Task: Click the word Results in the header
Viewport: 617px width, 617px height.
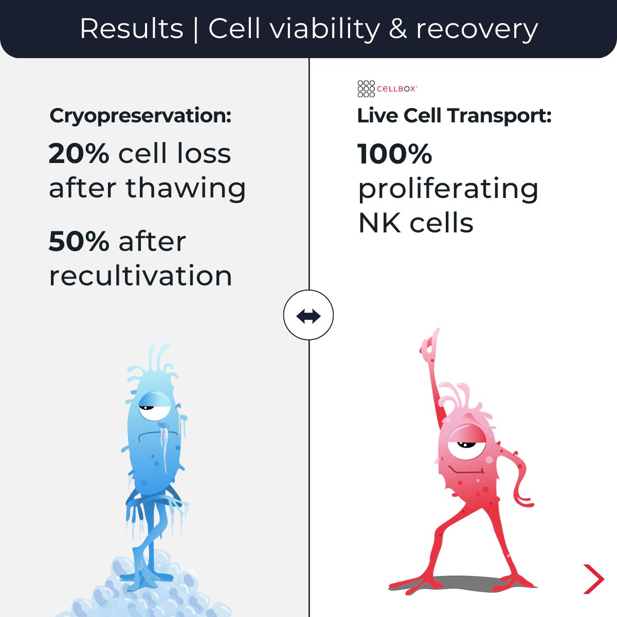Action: coord(132,29)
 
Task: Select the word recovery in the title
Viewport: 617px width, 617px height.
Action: coord(477,30)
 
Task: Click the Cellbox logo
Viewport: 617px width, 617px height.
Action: coord(387,88)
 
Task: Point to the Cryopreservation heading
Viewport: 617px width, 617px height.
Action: coord(140,116)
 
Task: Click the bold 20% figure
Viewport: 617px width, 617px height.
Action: coord(79,153)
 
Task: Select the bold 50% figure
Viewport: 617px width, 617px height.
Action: coord(79,241)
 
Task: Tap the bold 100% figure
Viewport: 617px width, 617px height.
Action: coord(394,154)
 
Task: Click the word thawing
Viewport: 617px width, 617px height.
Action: coord(186,188)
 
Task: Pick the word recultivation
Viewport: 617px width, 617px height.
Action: coord(140,276)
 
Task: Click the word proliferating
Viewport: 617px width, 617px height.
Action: coord(448,189)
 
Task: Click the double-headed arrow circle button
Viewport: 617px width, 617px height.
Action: coord(308,315)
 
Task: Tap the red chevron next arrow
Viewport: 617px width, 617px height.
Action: coord(594,579)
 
